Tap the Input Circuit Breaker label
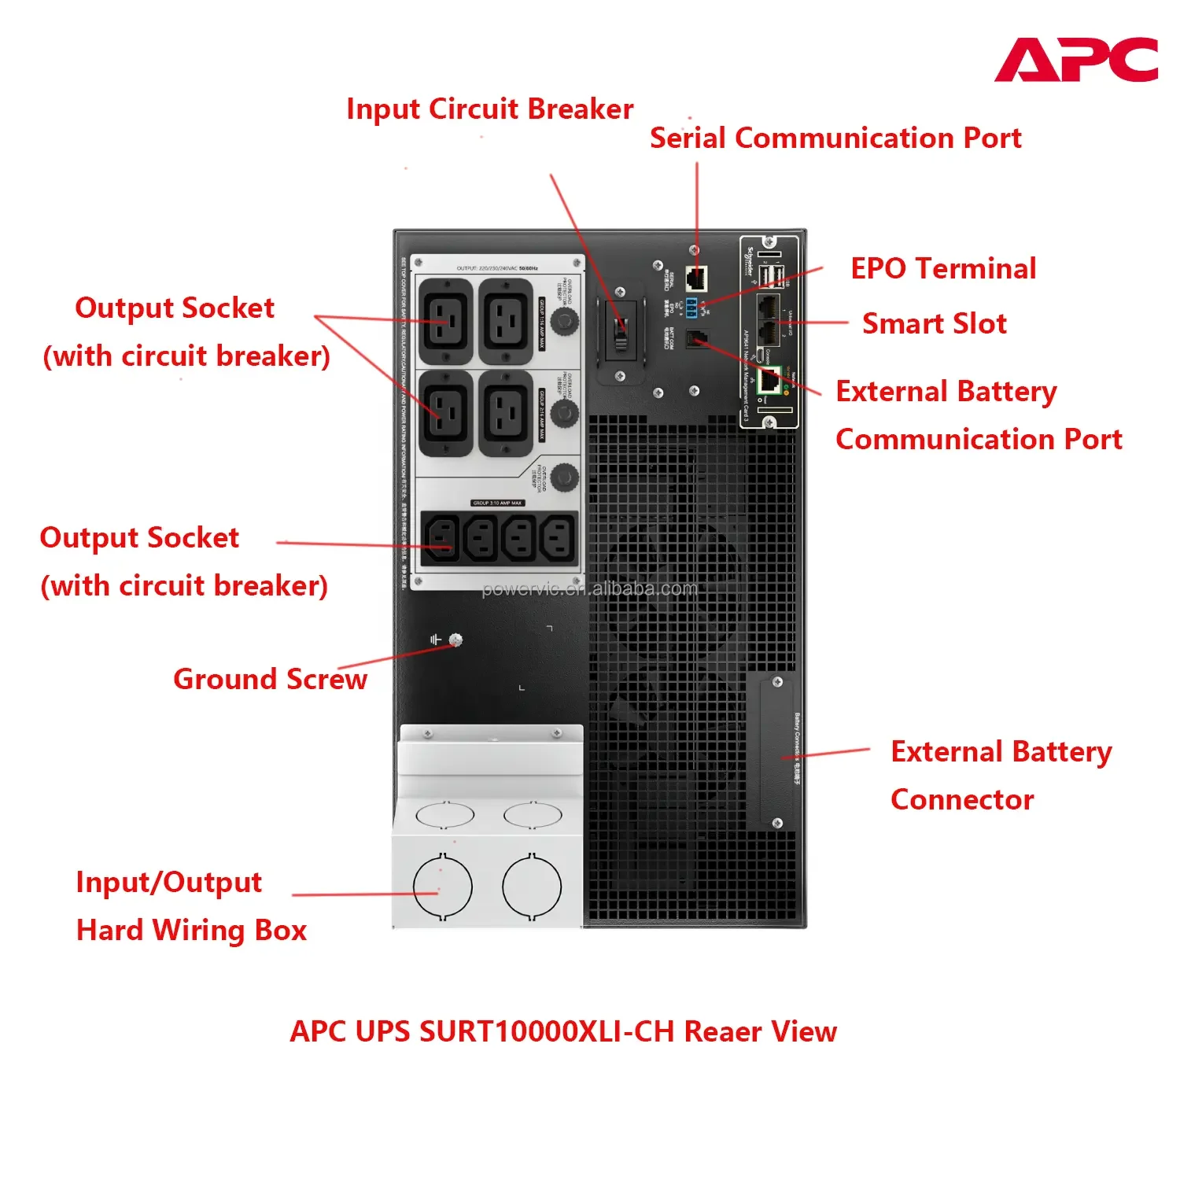pos(489,109)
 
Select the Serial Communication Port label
pos(835,138)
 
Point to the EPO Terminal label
pos(943,269)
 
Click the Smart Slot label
pos(934,324)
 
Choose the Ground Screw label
pos(270,679)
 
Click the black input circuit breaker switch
pos(621,328)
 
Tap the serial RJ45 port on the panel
pos(695,278)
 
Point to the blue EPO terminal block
pos(691,308)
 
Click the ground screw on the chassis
pos(455,640)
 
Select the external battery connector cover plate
pos(776,751)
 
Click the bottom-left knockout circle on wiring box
pos(442,887)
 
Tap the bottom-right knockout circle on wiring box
pos(532,887)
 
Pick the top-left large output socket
pos(446,321)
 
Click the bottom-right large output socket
pos(506,413)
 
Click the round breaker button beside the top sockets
pos(564,320)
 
